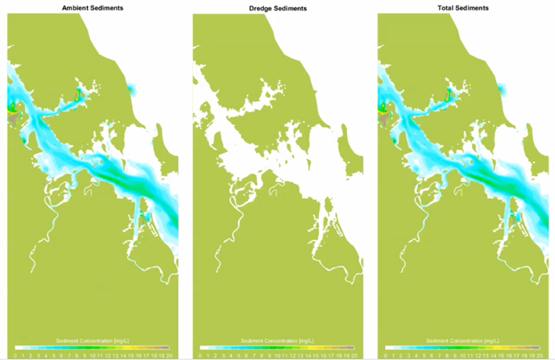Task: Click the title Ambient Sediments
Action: pos(92,7)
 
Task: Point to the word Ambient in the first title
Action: pos(77,7)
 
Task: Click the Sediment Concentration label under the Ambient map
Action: pos(92,341)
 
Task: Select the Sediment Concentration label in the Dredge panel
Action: pos(277,341)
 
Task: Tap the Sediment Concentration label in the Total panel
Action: pos(462,341)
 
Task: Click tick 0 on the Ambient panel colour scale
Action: pos(16,354)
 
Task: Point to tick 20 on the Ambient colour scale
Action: pos(168,354)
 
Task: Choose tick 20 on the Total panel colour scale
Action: pos(539,354)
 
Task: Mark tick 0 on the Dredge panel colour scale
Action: pos(201,354)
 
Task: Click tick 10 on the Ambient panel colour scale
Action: pos(92,354)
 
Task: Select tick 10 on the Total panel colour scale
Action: pos(462,354)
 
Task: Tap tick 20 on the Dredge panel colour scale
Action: pos(354,354)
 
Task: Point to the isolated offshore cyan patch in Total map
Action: pos(503,87)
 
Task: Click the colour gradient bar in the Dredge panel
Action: pos(277,348)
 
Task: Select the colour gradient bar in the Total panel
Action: pos(462,348)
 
